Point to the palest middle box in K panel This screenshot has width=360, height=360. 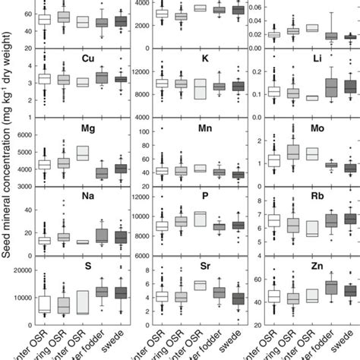click(200, 89)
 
